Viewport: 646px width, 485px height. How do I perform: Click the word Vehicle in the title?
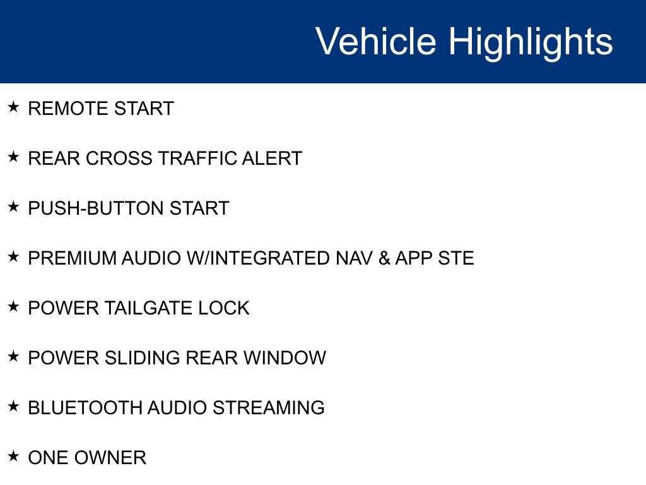click(375, 42)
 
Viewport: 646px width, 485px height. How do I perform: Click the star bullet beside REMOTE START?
click(14, 107)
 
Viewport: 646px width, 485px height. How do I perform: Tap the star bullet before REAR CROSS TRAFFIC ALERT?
click(14, 157)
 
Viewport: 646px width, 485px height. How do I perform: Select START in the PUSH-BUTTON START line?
click(199, 208)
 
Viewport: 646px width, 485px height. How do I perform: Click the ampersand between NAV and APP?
click(384, 258)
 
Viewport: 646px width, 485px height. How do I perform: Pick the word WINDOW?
click(285, 358)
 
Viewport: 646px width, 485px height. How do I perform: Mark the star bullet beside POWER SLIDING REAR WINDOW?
click(14, 356)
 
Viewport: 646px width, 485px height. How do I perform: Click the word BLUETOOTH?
click(85, 408)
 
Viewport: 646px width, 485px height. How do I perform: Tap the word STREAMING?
click(268, 408)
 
